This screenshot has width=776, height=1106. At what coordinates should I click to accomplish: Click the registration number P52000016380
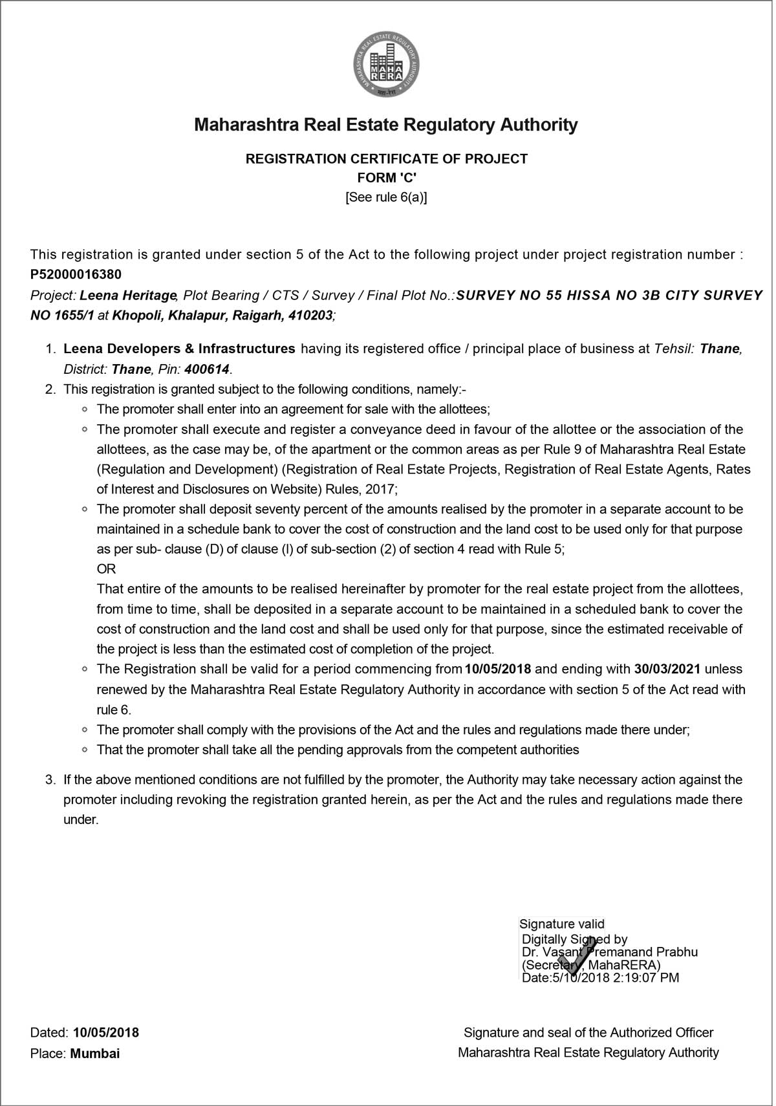[76, 275]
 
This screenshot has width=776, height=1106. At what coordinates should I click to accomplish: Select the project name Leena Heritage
[127, 296]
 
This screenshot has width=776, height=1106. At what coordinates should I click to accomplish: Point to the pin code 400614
[207, 370]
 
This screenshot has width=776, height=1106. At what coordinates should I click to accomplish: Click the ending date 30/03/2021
[669, 669]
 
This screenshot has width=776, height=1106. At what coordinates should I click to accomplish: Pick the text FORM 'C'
[387, 178]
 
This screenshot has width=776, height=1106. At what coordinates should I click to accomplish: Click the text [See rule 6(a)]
[387, 197]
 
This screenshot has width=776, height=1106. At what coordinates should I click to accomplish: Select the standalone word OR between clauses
[106, 569]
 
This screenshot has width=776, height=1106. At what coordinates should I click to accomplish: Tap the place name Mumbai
[95, 1053]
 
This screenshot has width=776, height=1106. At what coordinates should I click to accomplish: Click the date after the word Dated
[106, 1032]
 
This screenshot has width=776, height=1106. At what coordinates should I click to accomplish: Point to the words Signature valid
[562, 924]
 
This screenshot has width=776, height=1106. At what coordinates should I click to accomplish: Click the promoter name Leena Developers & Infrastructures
[179, 349]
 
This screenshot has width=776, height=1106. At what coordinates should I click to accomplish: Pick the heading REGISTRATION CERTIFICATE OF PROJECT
[387, 158]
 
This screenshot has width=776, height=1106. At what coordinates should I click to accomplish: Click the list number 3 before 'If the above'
[49, 780]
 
